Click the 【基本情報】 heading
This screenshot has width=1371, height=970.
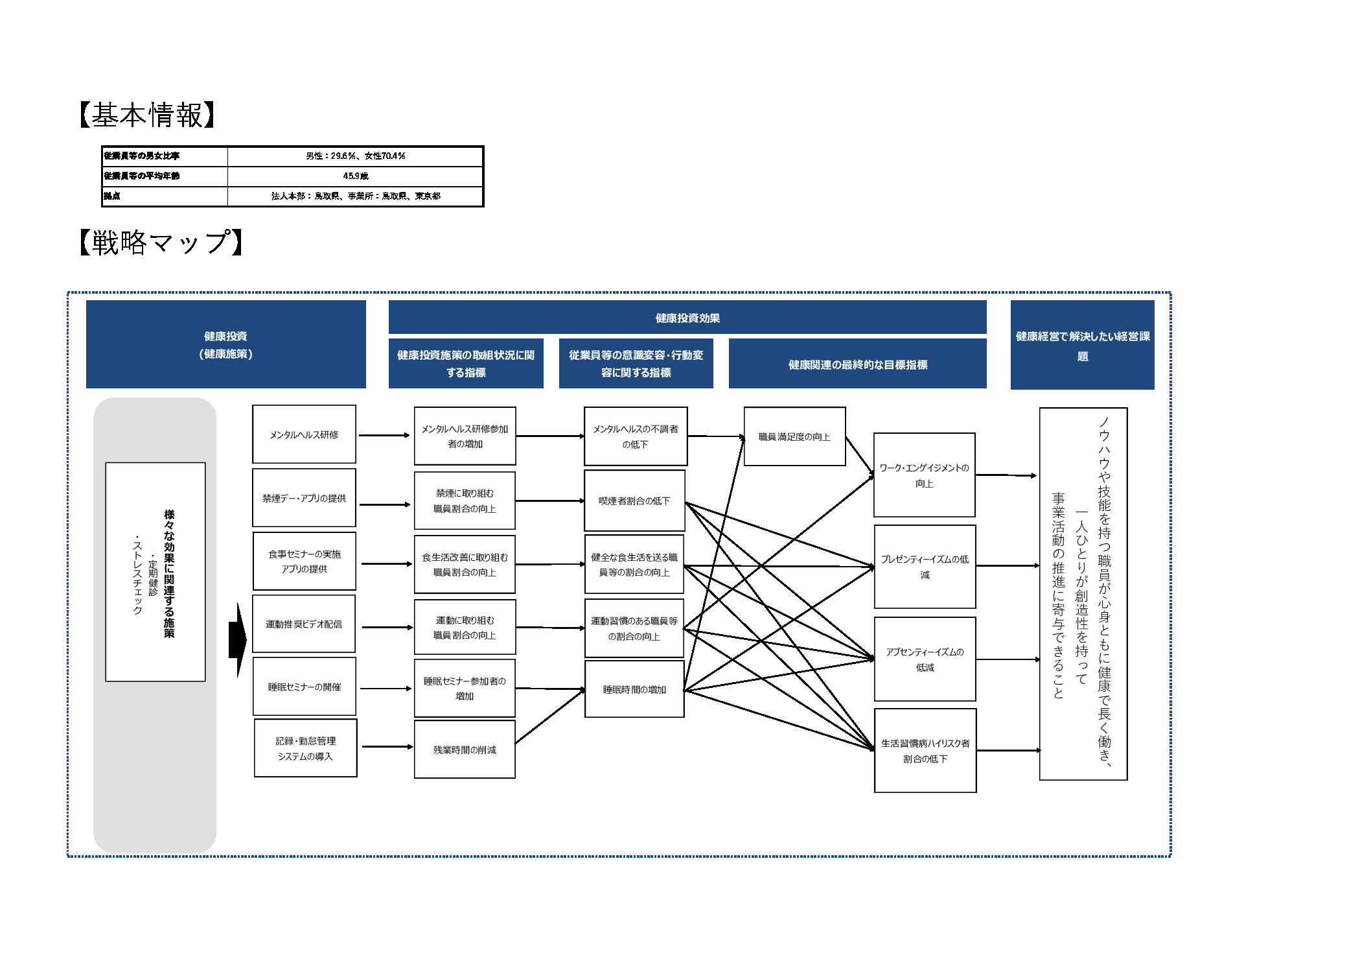[x=146, y=115]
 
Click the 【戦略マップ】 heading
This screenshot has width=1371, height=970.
[x=161, y=242]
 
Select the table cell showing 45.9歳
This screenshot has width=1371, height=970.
[x=356, y=176]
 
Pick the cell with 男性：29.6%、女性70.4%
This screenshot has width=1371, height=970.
[x=356, y=156]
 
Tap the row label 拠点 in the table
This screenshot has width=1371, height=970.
[x=111, y=196]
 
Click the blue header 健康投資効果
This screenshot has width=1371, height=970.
[x=687, y=318]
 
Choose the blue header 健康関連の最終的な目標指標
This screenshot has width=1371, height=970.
[x=858, y=364]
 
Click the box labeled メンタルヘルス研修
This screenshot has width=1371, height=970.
[x=305, y=434]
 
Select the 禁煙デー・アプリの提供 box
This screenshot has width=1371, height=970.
[x=305, y=498]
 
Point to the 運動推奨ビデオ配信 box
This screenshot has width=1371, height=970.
[x=304, y=624]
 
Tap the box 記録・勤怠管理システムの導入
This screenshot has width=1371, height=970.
[x=306, y=748]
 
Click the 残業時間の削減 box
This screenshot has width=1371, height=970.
[x=465, y=750]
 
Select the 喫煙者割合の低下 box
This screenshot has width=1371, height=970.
[x=635, y=501]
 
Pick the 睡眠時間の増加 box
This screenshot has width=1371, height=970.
[x=635, y=689]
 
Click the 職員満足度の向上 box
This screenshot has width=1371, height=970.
[x=795, y=436]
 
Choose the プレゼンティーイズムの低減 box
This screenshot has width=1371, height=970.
[x=925, y=567]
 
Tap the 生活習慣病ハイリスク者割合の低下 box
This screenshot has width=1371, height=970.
[x=926, y=751]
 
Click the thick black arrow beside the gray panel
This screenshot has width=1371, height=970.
[x=238, y=640]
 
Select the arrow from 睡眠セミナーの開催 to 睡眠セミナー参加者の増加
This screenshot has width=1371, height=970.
[x=386, y=689]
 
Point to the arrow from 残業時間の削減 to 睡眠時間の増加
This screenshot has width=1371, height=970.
[x=550, y=716]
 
